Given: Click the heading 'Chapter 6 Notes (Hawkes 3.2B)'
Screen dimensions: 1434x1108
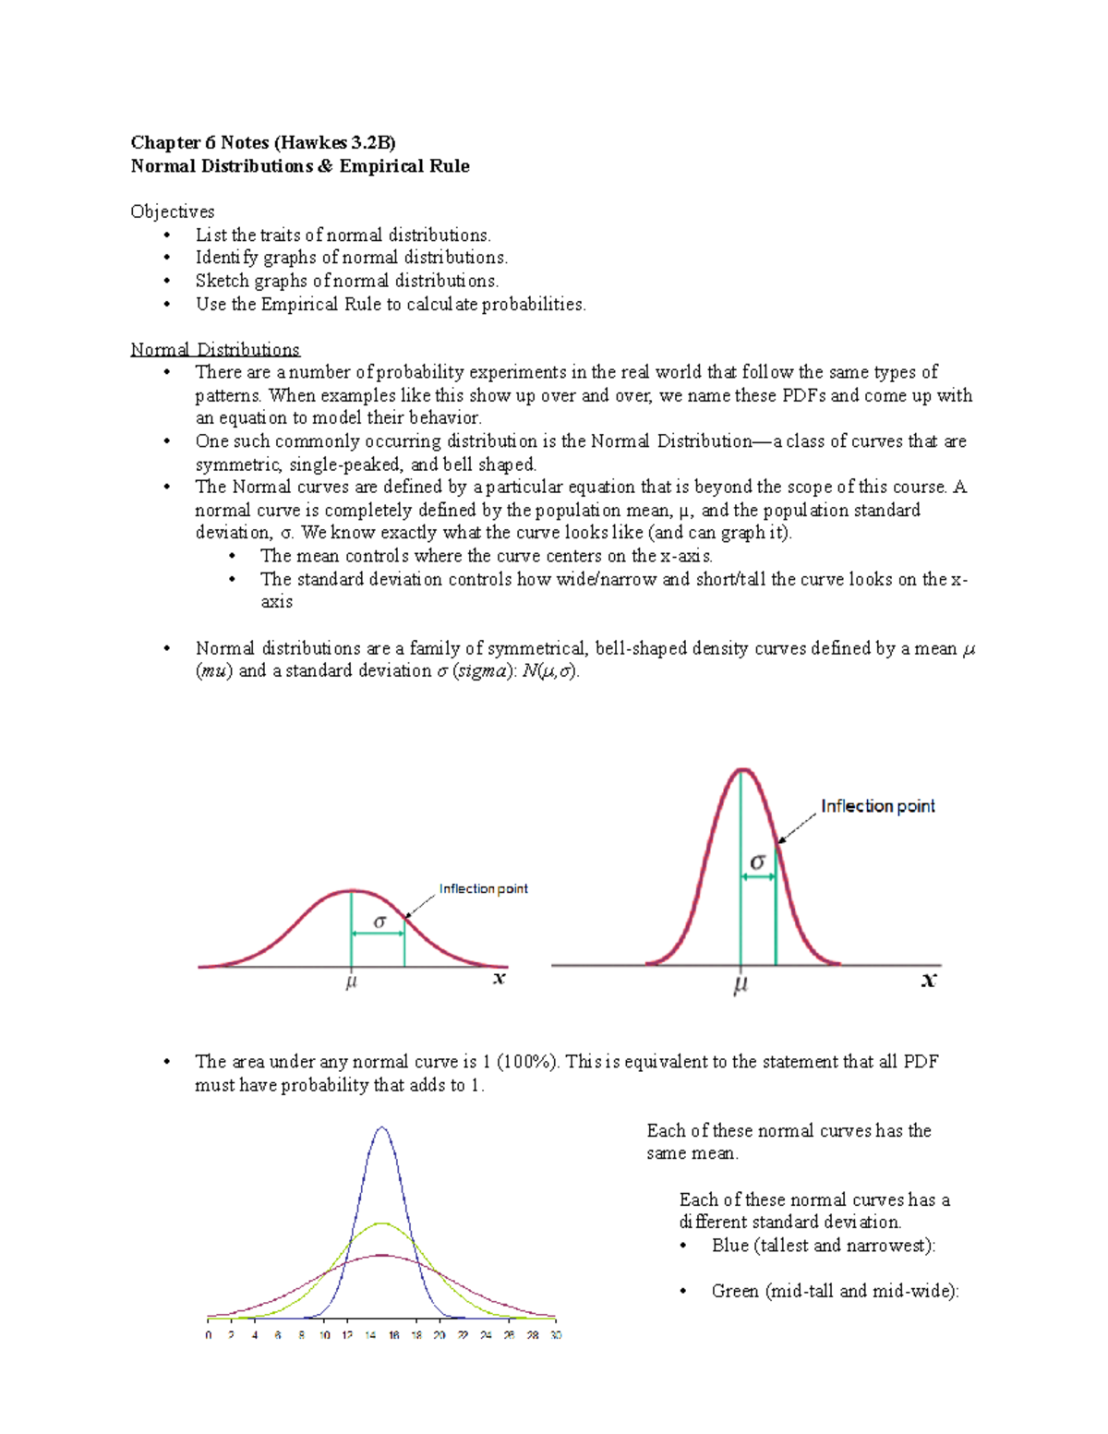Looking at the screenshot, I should [263, 142].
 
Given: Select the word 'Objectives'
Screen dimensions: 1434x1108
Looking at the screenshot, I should [173, 211].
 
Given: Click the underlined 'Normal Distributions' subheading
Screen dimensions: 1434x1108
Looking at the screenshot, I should [215, 350].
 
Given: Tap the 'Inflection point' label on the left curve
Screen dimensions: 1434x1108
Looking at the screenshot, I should [483, 889].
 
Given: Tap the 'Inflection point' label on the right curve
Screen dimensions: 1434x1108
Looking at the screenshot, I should [877, 806].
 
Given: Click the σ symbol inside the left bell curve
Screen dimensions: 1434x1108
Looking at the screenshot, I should [379, 922].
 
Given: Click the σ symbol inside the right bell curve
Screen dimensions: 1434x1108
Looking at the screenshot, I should [758, 862].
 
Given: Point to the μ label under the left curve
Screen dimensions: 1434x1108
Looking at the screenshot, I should [351, 982].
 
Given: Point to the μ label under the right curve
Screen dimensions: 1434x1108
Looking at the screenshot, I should [741, 984].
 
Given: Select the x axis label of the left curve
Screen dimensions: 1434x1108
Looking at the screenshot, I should [500, 979].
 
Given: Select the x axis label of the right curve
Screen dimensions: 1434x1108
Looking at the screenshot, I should [929, 981].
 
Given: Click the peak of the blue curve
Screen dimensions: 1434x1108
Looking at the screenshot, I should [382, 1128].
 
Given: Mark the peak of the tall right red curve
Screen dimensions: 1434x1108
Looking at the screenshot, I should [741, 770].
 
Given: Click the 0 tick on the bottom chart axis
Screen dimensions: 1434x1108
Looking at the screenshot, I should [209, 1335].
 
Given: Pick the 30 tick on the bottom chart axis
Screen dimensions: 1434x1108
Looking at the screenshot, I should [555, 1335].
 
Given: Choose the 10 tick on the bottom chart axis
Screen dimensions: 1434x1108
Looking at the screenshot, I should [324, 1335].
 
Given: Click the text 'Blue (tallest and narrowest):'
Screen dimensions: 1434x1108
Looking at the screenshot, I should [824, 1246].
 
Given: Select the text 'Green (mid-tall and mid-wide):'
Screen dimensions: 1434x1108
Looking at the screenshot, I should [835, 1291].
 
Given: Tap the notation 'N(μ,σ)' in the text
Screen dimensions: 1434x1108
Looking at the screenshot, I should [550, 671].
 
